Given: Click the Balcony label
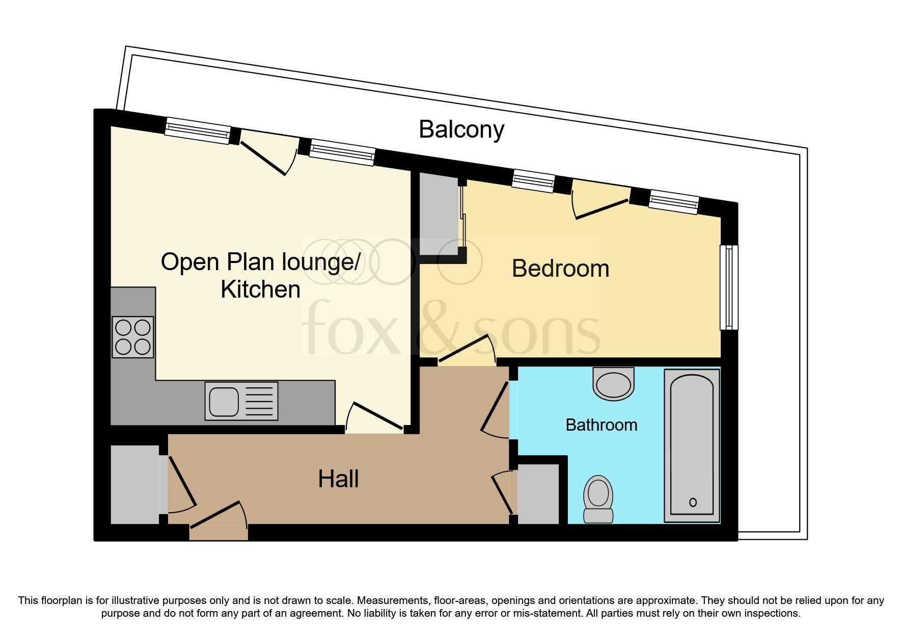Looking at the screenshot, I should [461, 129].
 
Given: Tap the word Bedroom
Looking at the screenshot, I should [560, 269].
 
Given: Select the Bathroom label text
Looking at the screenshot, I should [601, 425].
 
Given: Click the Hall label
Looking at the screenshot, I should [338, 479].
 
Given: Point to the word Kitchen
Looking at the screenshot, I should [260, 289].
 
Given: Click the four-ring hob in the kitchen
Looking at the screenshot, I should [133, 337].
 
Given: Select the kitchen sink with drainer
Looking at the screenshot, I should [241, 401].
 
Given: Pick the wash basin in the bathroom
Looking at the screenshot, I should [614, 384].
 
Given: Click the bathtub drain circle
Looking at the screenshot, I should [693, 503].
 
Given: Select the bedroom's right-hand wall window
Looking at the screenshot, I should [729, 287].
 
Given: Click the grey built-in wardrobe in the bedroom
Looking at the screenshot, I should [438, 214].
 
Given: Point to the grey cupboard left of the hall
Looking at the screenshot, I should [134, 484].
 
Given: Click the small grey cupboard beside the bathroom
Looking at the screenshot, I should [538, 493].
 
